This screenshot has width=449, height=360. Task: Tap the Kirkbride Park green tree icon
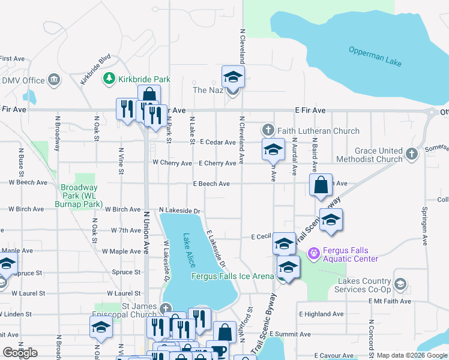(x=109, y=79)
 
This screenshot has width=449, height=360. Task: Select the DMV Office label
(x=23, y=80)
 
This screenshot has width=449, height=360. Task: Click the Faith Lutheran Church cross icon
(x=268, y=130)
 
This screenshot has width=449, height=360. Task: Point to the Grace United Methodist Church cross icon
(x=411, y=154)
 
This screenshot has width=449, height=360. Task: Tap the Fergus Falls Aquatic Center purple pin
(x=312, y=254)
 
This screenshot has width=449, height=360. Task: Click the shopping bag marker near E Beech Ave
(x=321, y=185)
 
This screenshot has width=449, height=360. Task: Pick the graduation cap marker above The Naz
(x=233, y=77)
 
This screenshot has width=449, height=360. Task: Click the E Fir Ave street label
(x=310, y=110)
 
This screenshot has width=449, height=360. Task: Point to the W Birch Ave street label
(x=25, y=209)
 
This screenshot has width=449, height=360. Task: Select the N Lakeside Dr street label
(x=179, y=211)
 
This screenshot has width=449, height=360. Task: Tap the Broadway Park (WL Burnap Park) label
(x=82, y=196)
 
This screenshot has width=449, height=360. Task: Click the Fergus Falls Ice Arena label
(x=232, y=277)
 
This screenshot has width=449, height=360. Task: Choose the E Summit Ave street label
(x=290, y=334)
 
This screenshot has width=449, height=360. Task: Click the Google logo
(x=20, y=353)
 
